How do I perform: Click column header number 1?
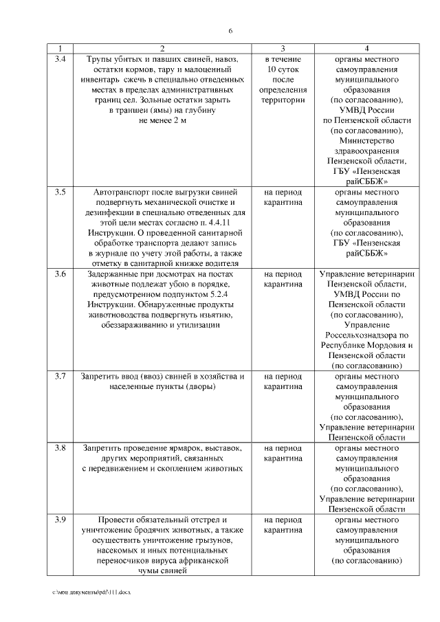pos(60,49)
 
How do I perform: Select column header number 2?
pos(162,49)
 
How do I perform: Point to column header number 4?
pos(366,49)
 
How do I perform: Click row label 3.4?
pos(60,60)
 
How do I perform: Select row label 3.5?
pos(60,192)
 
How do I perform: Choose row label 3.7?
pos(60,377)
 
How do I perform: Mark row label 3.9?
pos(60,520)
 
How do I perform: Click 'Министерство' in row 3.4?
pos(366,140)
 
